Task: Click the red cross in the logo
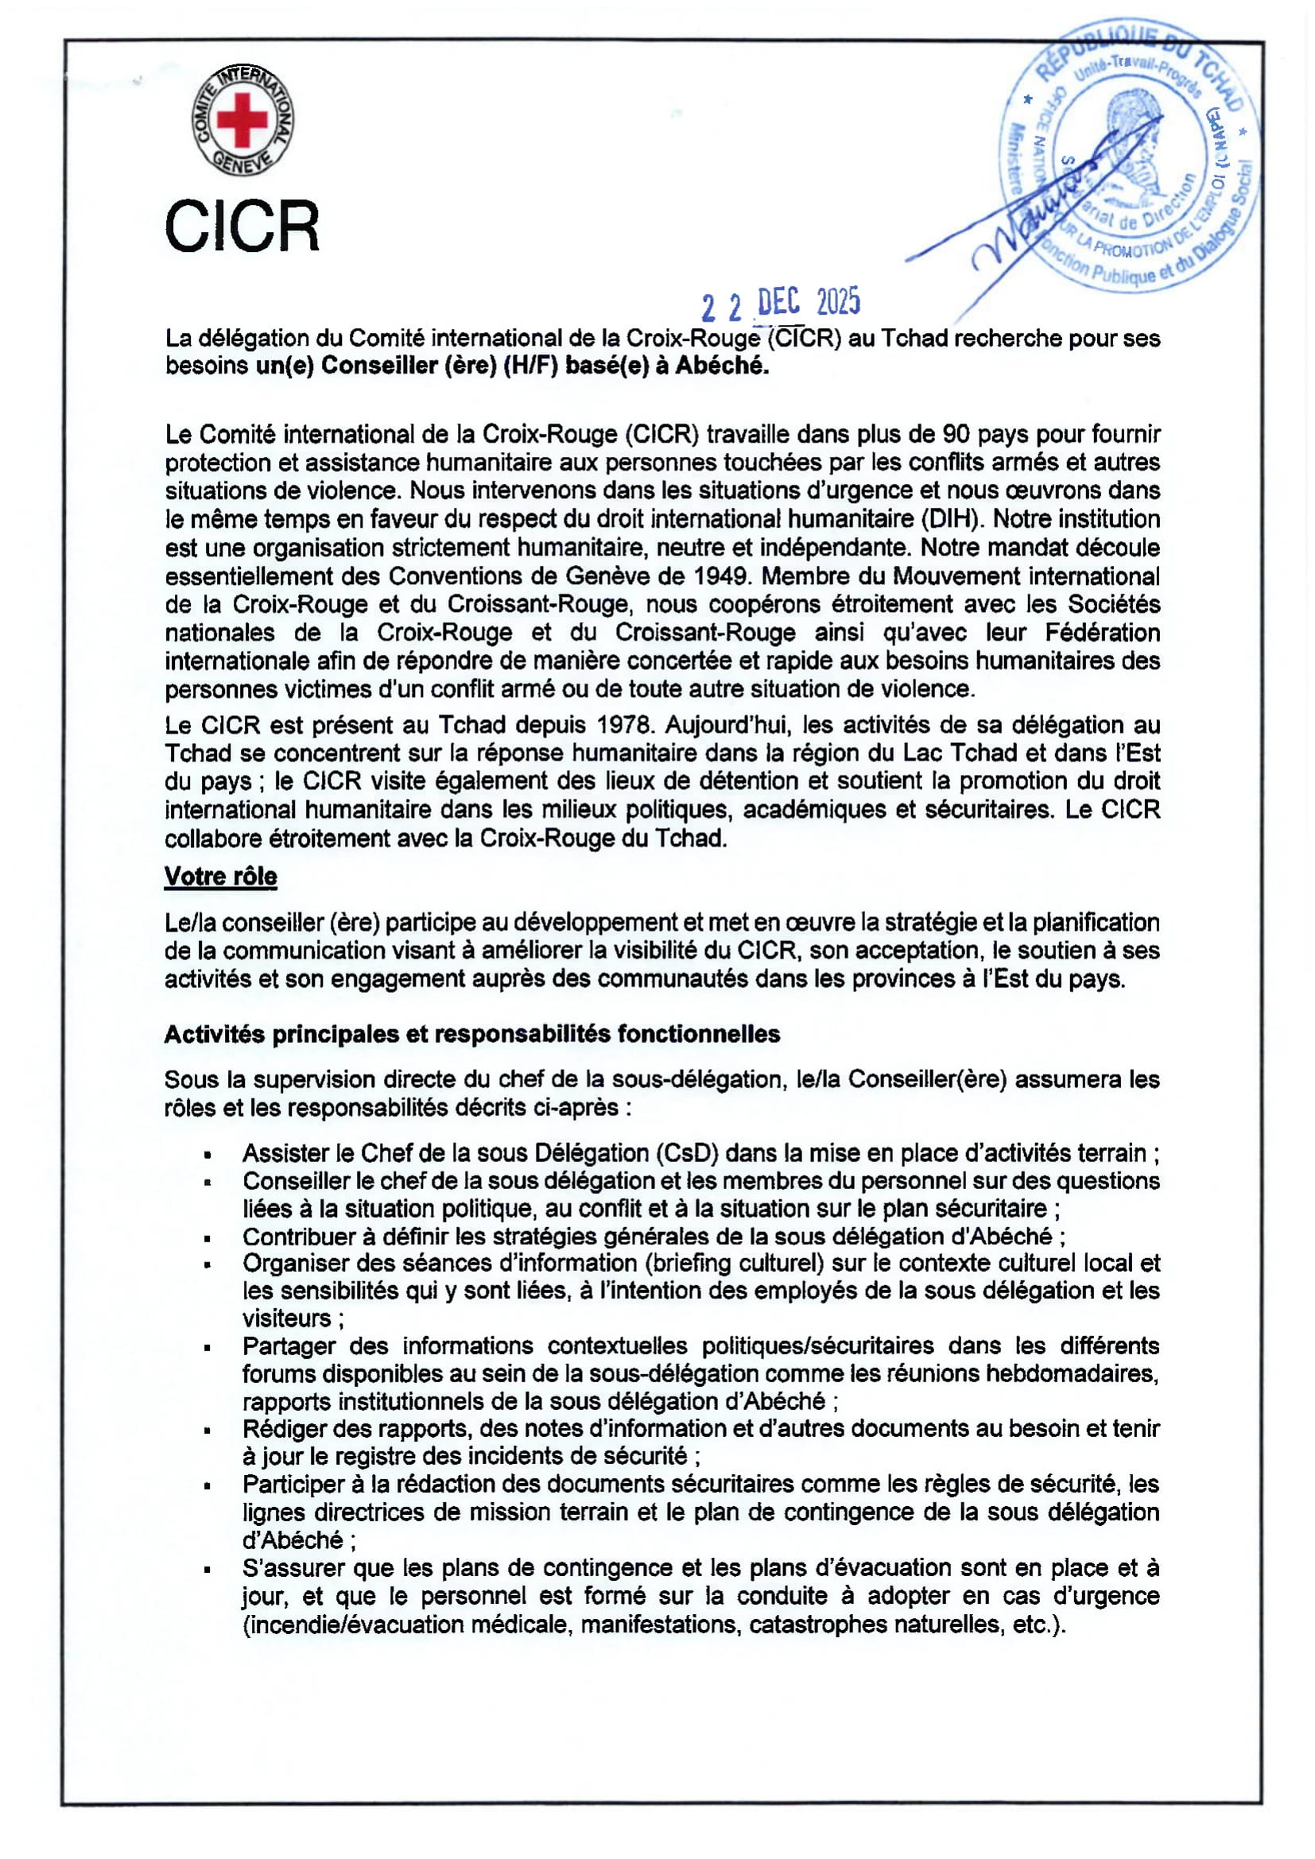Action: (242, 119)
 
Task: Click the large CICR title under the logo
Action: (242, 227)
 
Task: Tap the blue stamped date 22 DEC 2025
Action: (781, 304)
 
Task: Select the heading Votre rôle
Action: (220, 876)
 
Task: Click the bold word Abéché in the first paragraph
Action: (721, 366)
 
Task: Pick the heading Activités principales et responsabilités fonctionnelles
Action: (472, 1034)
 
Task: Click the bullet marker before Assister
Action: (208, 1154)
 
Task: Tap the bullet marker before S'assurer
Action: (208, 1570)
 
